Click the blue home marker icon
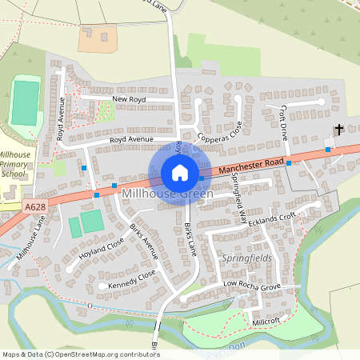(x=180, y=173)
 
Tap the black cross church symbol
(x=339, y=129)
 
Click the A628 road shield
(x=34, y=207)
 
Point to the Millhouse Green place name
(x=167, y=194)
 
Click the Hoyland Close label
(x=102, y=252)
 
